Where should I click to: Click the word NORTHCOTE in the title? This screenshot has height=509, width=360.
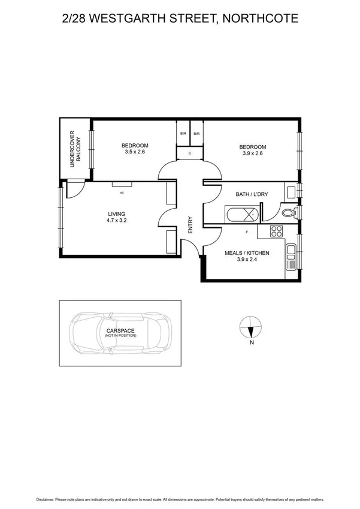point(260,19)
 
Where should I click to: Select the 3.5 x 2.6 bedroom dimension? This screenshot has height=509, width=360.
point(135,153)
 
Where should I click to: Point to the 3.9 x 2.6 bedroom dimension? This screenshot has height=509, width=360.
point(252,153)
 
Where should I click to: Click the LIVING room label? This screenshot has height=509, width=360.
point(117,213)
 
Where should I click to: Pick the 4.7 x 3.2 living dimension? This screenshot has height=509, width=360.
point(117,221)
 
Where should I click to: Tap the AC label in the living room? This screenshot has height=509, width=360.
point(122,193)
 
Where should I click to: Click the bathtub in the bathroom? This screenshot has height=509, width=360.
point(243,213)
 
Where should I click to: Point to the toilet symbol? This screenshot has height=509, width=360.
point(287,212)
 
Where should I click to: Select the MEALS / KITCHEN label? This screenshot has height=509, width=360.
point(247,253)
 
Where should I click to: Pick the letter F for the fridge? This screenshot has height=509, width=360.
point(246,231)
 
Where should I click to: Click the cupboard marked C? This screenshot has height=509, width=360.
point(190,153)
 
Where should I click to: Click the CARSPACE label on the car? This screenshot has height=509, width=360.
point(120,330)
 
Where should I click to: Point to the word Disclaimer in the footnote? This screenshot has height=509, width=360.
point(49,499)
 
